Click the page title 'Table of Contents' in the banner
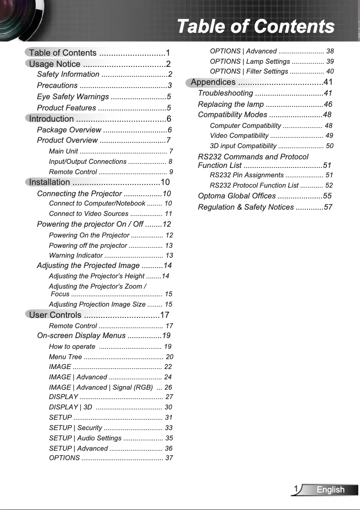(255, 26)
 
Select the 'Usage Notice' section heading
(55, 64)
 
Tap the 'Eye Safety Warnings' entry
(73, 97)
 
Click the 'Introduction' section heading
(51, 119)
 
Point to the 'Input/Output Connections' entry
(88, 162)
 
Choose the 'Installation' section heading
(49, 182)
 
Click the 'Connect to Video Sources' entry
(88, 214)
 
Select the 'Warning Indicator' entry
(76, 255)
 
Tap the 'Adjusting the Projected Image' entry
(88, 265)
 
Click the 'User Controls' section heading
(55, 315)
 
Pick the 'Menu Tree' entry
(66, 357)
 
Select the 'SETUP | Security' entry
(75, 428)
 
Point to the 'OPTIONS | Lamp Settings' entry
(250, 61)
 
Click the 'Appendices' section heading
(213, 82)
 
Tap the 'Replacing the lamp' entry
(231, 104)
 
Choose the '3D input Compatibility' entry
(243, 146)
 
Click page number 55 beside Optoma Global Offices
(327, 196)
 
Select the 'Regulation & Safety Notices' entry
(246, 207)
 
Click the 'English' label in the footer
(330, 490)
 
